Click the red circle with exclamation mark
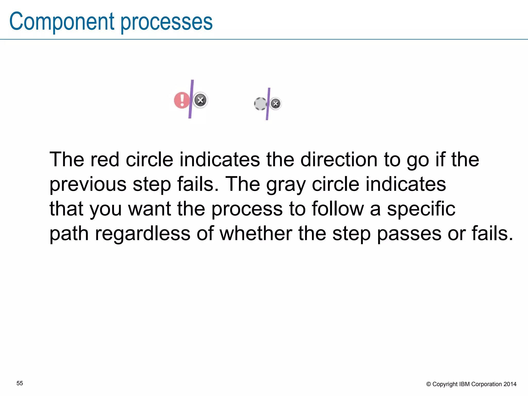click(x=181, y=100)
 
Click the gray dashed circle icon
click(x=260, y=104)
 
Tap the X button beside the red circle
click(x=200, y=100)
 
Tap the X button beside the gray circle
click(x=276, y=104)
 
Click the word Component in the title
click(x=62, y=22)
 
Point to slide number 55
click(x=20, y=383)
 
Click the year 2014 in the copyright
click(x=510, y=384)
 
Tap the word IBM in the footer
click(x=464, y=384)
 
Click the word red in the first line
click(x=105, y=160)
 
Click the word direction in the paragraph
click(x=339, y=160)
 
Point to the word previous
click(x=88, y=185)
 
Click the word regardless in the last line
click(x=143, y=234)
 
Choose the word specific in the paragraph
click(x=421, y=209)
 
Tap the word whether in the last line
click(x=256, y=234)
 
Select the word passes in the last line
click(x=409, y=234)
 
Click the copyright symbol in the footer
click(x=428, y=384)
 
